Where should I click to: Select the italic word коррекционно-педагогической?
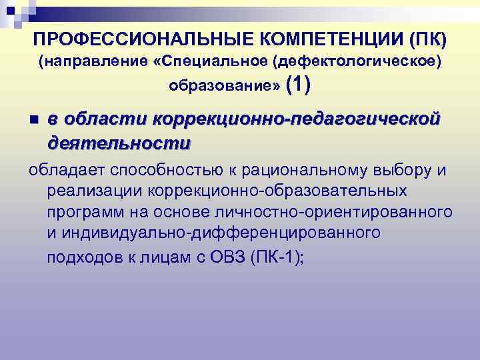[x=297, y=119]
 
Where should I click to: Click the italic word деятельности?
[x=119, y=142]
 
